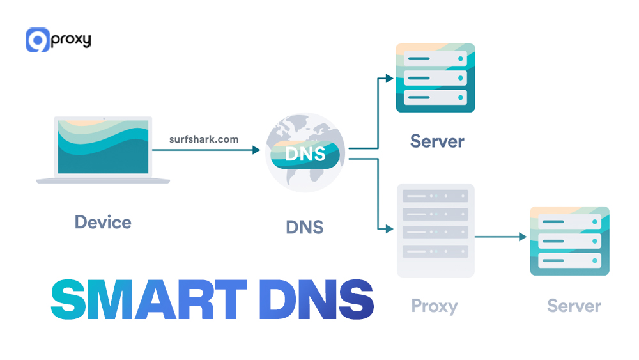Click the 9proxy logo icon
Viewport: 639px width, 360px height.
click(37, 40)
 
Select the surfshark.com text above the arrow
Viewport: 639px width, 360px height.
click(203, 139)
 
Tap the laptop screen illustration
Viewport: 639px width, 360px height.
click(104, 146)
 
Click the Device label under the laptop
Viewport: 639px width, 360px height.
click(103, 223)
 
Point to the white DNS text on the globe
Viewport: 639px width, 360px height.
click(305, 153)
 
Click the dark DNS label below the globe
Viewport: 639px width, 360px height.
click(305, 227)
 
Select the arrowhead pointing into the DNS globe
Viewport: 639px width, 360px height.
click(257, 150)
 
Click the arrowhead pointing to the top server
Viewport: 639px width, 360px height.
click(390, 79)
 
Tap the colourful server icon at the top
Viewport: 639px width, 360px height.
click(435, 78)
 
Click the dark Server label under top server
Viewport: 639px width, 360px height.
click(437, 141)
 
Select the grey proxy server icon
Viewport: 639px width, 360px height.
click(435, 230)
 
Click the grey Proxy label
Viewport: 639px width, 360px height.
click(434, 306)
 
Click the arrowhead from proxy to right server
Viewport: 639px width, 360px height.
click(523, 237)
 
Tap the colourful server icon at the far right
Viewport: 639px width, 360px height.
click(569, 241)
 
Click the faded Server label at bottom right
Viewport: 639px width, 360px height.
click(574, 306)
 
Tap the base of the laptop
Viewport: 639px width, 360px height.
click(104, 181)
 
